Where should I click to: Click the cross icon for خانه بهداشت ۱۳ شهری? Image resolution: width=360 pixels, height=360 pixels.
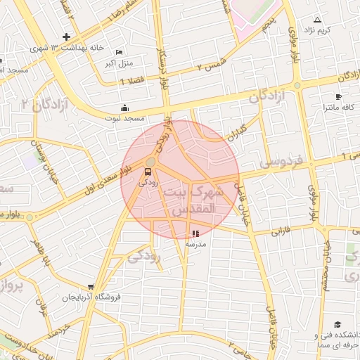click(66, 37)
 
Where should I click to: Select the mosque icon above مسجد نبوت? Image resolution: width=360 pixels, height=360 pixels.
click(124, 108)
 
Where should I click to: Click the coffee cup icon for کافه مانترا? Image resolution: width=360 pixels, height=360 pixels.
click(338, 96)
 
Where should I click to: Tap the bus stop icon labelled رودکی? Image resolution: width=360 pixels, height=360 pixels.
click(148, 172)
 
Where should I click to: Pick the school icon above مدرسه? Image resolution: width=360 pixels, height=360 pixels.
click(195, 233)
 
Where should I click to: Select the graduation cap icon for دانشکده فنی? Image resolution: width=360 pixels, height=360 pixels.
click(337, 325)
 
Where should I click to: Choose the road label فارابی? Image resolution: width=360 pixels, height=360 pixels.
click(281, 230)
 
